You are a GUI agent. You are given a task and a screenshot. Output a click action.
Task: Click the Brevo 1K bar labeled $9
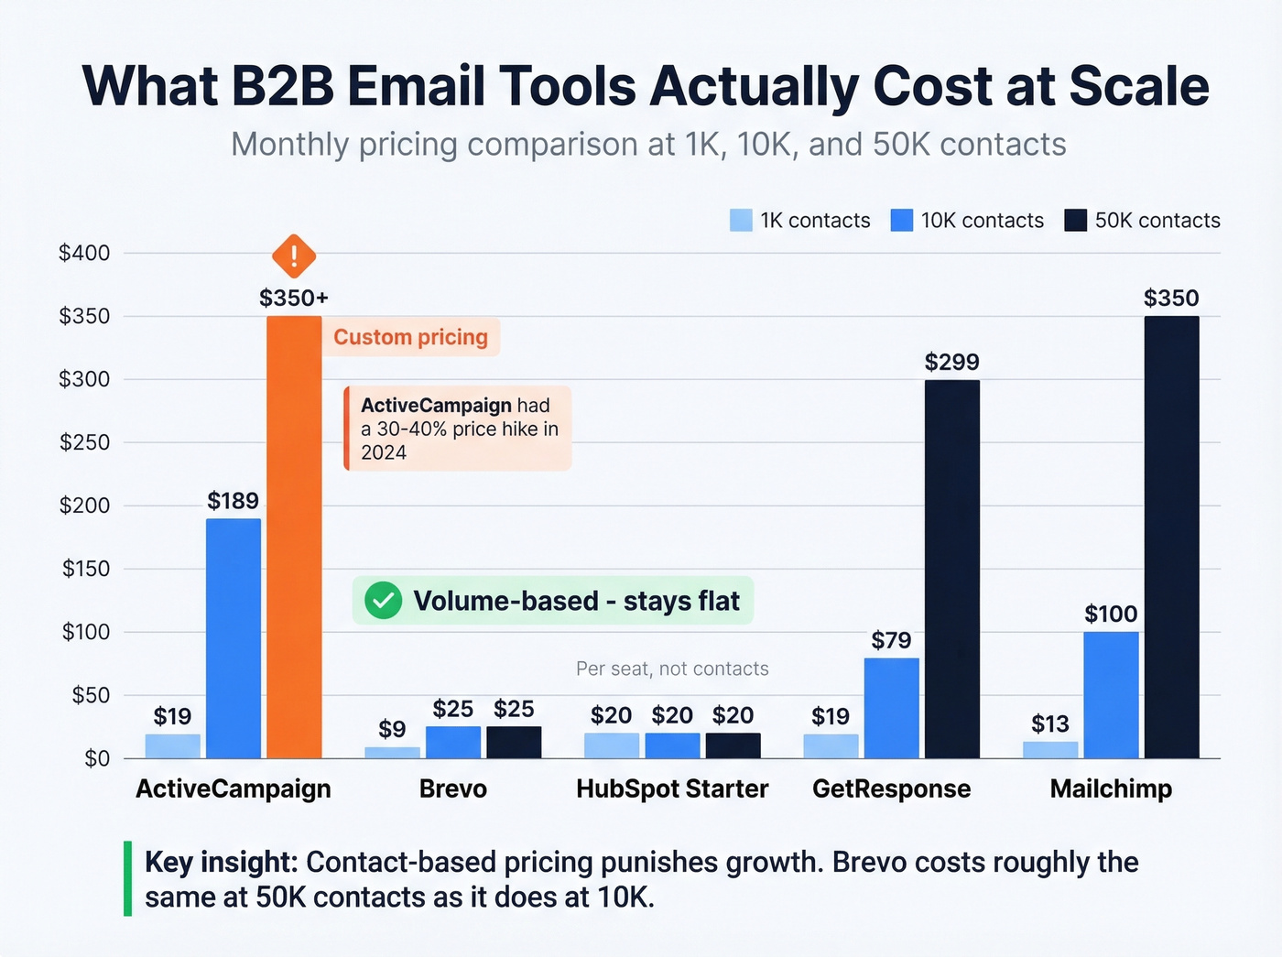point(392,753)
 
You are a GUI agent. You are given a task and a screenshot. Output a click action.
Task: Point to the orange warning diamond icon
point(294,256)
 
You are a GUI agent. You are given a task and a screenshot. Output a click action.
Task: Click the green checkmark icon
point(383,601)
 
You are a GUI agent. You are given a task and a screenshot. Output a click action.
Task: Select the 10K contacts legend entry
point(968,221)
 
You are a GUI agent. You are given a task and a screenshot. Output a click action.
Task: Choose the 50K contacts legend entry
point(1143,221)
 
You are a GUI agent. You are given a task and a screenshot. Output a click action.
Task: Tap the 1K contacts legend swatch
point(741,221)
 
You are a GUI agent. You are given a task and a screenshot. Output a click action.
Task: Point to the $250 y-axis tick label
point(84,442)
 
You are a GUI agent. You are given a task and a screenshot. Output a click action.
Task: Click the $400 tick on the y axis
point(84,253)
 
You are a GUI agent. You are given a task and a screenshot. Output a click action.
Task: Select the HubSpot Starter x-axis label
point(672,788)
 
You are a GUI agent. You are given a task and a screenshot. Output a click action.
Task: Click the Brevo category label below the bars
point(452,788)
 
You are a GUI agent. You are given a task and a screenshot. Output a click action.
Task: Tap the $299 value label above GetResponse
point(951,362)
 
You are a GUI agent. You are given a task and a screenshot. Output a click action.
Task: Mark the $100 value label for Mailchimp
point(1111,614)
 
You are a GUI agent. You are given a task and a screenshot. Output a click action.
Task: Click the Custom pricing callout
point(410,337)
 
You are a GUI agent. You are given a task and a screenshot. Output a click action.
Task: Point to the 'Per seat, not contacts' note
point(672,669)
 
